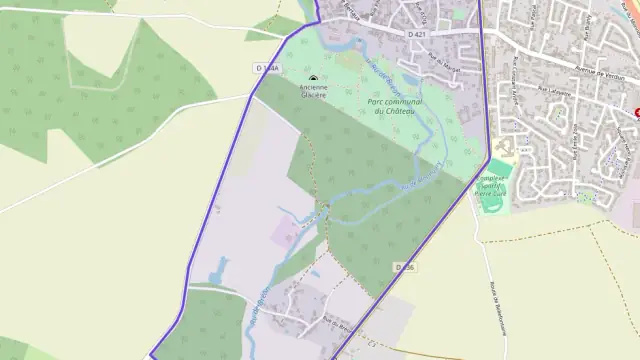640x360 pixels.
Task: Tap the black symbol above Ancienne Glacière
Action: [314, 78]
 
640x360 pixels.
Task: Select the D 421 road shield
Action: [418, 34]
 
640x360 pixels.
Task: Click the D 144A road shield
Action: [266, 68]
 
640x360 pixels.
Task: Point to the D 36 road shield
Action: [404, 267]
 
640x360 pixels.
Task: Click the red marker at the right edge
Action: [637, 112]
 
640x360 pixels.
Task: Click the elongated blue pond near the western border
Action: [219, 269]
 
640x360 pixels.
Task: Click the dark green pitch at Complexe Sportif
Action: [490, 199]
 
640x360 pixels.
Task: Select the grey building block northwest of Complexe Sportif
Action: [503, 148]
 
